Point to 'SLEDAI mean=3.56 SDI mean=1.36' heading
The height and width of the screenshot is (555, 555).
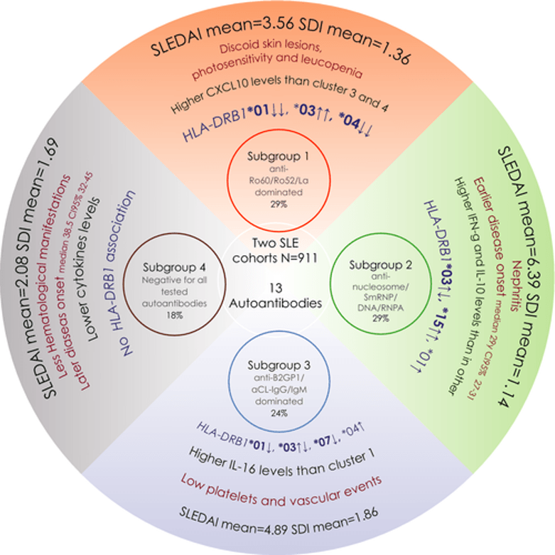click(278, 47)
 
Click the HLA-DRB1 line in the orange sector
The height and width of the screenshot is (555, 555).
click(278, 129)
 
